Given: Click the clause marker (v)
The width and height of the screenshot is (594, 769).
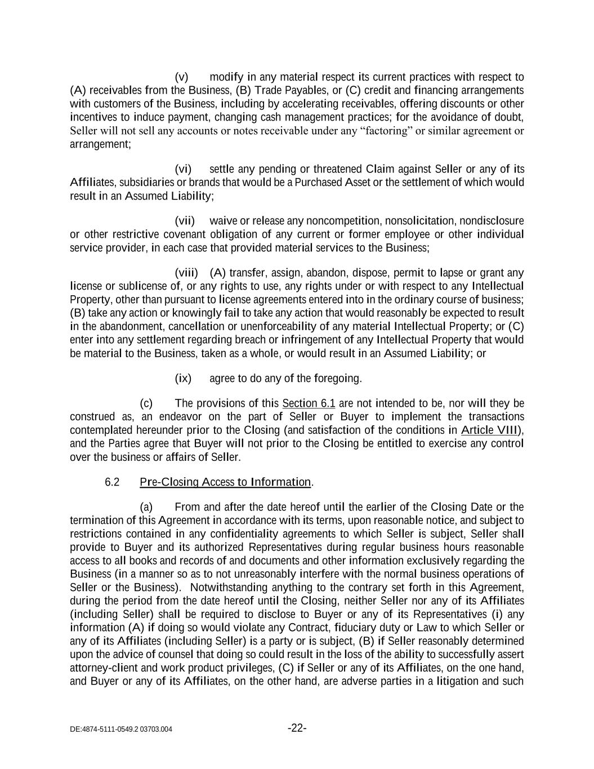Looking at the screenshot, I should point(181,77).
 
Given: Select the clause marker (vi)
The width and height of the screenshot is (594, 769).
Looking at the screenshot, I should point(183,169).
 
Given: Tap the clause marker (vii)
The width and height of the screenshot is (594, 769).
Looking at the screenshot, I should point(184,221).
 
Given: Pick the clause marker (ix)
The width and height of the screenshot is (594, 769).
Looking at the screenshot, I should point(183,379).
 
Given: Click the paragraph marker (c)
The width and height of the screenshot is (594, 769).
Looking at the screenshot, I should point(146,403).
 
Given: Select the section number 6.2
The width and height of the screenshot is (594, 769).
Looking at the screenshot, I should point(112,482).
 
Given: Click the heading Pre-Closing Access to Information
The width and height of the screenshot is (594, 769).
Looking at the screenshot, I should point(225,482).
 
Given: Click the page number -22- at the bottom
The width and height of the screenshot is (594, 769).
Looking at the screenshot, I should point(297,728).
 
